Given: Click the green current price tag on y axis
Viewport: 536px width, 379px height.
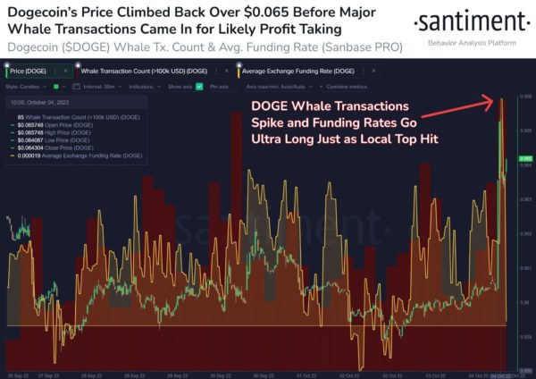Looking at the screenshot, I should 524,157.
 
